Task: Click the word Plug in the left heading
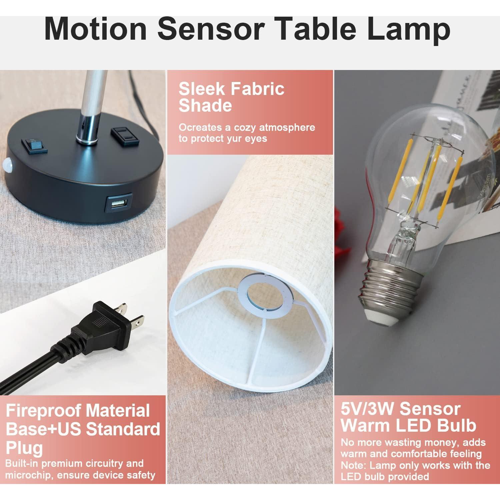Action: pos(24,447)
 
